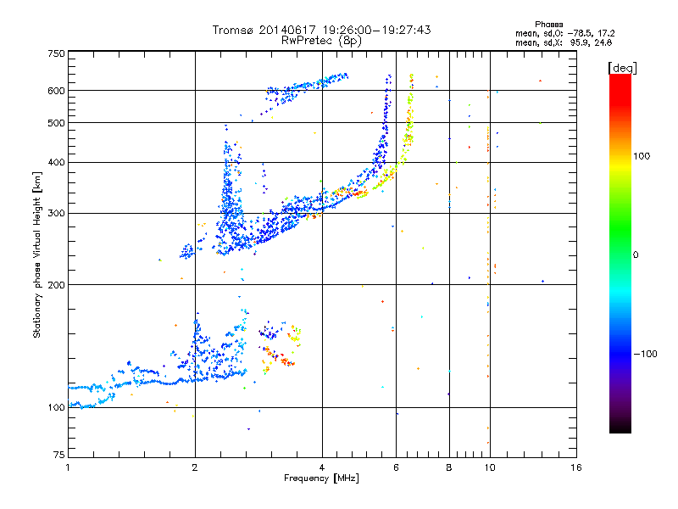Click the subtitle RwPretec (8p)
(321, 41)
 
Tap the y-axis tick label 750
(57, 53)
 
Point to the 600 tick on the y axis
(57, 91)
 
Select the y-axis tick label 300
(57, 214)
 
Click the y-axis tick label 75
(59, 455)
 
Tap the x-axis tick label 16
(576, 467)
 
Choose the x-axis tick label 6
(396, 467)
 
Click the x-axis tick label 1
(68, 467)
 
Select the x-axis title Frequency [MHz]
(321, 478)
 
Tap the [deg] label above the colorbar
(622, 68)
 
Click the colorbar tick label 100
(642, 156)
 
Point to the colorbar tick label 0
(636, 255)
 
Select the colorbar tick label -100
(645, 354)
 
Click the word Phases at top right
(548, 25)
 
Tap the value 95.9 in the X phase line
(579, 43)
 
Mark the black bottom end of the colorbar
(620, 432)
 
